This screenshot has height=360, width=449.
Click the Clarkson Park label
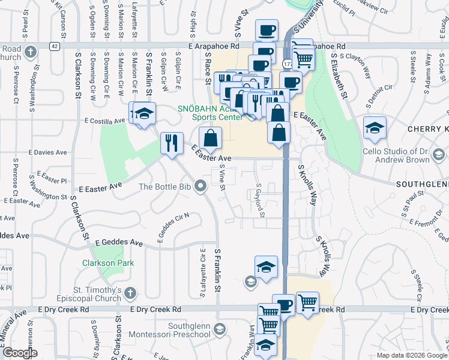pyautogui.click(x=109, y=263)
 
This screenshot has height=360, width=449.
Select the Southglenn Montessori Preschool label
pyautogui.click(x=181, y=331)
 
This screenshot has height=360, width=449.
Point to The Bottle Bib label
pyautogui.click(x=164, y=187)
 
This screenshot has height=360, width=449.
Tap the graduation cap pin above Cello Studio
pyautogui.click(x=375, y=128)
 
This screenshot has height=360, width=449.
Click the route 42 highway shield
pyautogui.click(x=55, y=46)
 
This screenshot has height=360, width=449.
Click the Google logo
pyautogui.click(x=20, y=353)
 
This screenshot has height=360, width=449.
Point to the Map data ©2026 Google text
pyautogui.click(x=412, y=355)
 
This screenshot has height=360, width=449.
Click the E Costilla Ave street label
pyautogui.click(x=105, y=120)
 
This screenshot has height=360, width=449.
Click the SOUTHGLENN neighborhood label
pyautogui.click(x=421, y=184)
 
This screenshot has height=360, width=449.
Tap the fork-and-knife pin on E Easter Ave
pyautogui.click(x=172, y=143)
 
